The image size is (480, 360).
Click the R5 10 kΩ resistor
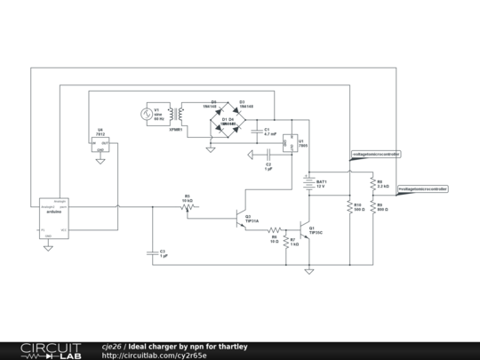188,207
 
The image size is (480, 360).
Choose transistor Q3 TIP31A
238,217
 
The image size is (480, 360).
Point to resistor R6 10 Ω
275,229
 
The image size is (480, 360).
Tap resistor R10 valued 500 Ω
349,206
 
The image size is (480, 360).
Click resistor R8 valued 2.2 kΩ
371,185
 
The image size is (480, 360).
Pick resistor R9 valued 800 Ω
371,207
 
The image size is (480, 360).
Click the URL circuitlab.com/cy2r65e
155,355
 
